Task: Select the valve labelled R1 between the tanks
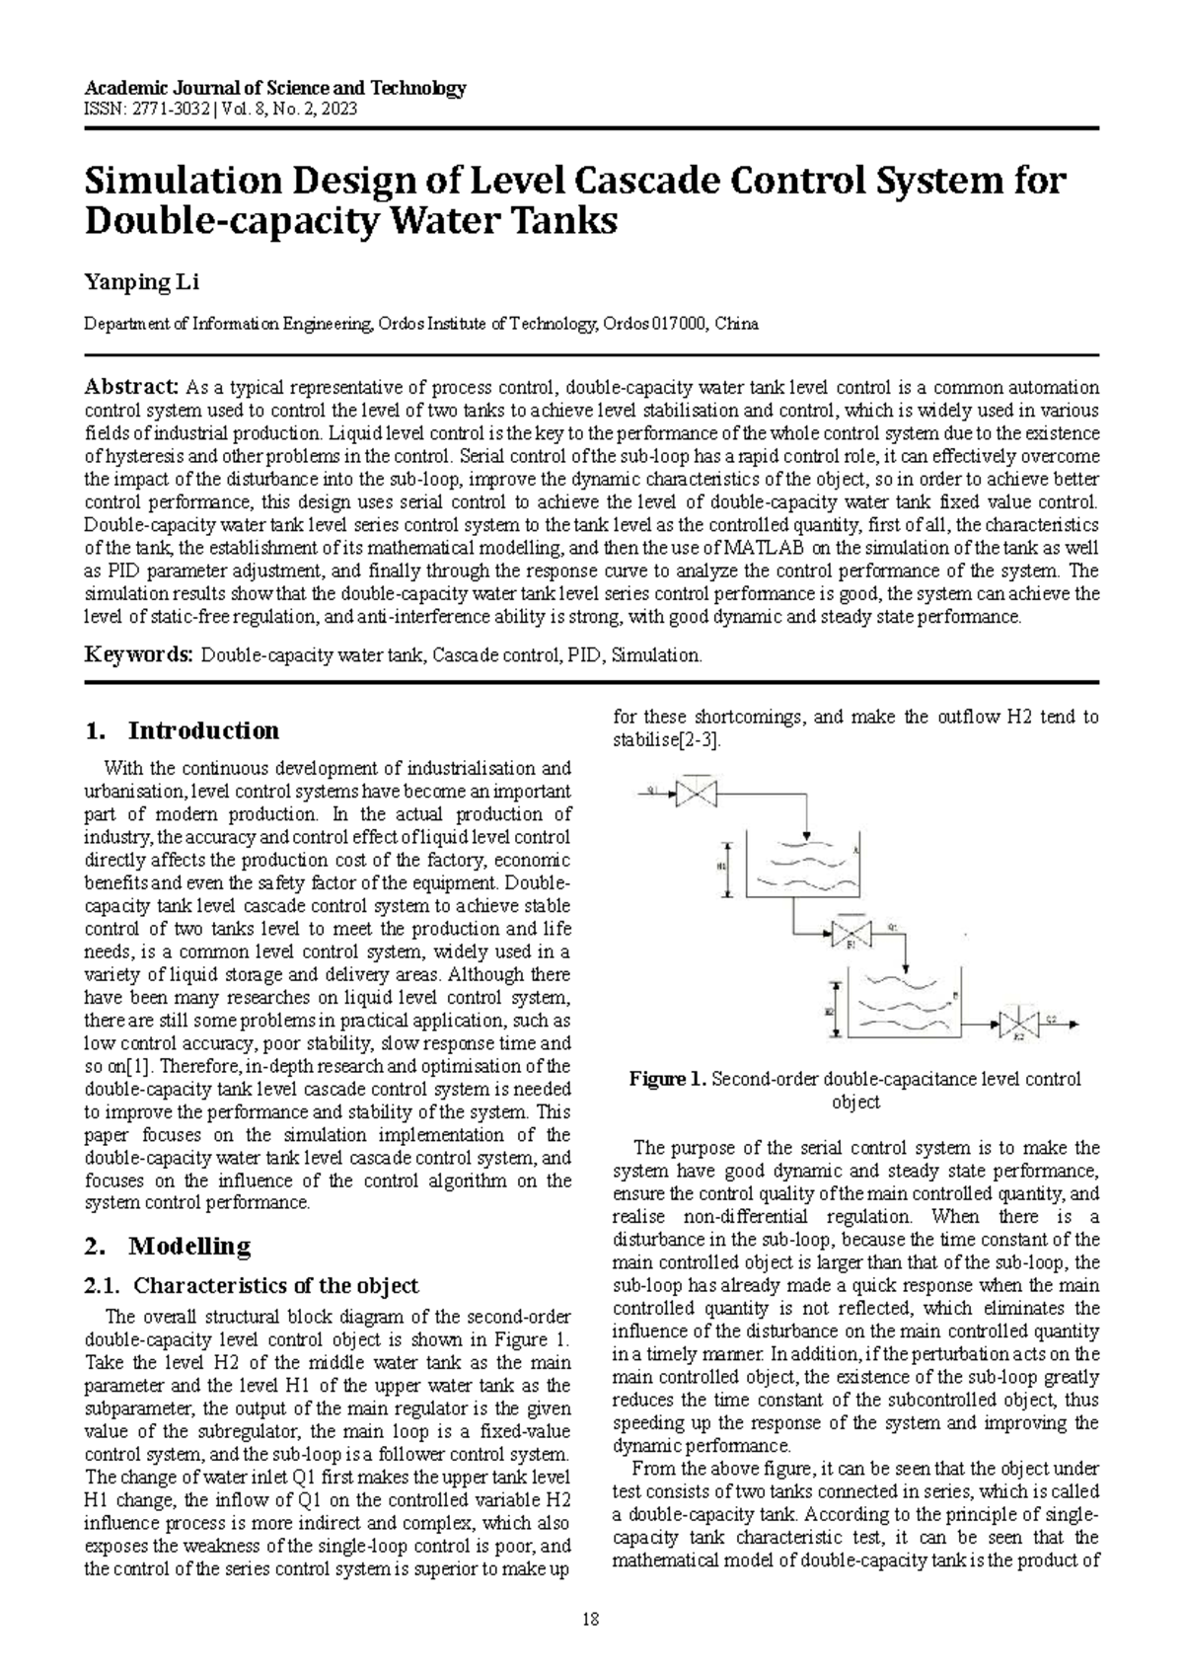pos(851,932)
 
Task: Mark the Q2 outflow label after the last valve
pos(1052,1020)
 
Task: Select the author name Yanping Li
pos(142,284)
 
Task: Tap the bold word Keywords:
pos(138,654)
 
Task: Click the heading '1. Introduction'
pos(183,730)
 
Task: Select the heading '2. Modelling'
pos(169,1246)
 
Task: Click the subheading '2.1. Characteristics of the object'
pos(253,1285)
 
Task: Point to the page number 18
pos(592,1619)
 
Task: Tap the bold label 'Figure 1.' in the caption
pos(668,1079)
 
